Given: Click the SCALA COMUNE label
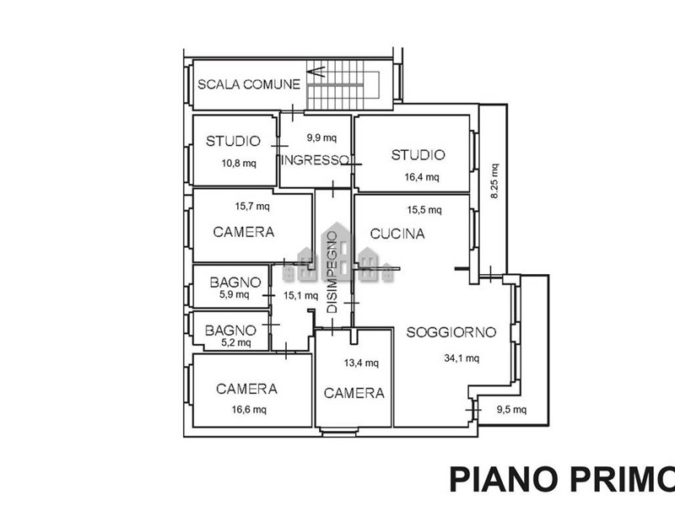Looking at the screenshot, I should (x=249, y=83).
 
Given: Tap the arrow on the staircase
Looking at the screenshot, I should (x=319, y=73).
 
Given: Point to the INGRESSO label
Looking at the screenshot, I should (x=316, y=160).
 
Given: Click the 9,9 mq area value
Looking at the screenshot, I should (x=321, y=137).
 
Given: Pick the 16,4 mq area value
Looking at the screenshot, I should (x=422, y=177).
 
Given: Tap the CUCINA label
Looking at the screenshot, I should (x=397, y=234).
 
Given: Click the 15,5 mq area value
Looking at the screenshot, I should (x=424, y=210).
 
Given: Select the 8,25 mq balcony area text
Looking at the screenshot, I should (x=494, y=181).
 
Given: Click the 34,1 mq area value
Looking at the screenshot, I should (x=462, y=358).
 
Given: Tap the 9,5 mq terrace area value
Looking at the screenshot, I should (x=512, y=411).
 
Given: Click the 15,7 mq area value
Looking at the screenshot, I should (x=252, y=206).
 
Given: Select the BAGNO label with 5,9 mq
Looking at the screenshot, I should (x=235, y=281).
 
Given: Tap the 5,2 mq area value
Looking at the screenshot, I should (x=235, y=342).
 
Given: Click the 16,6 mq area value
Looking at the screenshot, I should (x=249, y=410).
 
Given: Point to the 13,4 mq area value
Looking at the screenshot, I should (x=361, y=363).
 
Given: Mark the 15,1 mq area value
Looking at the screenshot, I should (x=301, y=296).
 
